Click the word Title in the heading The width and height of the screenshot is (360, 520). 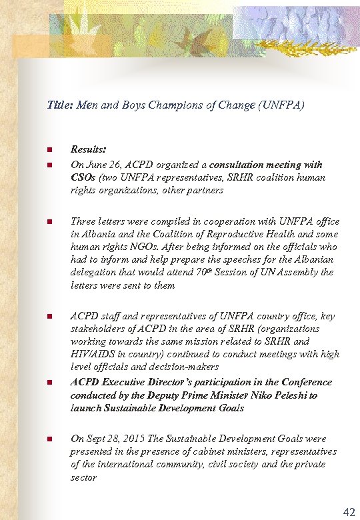coord(59,105)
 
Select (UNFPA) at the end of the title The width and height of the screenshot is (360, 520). coord(282,105)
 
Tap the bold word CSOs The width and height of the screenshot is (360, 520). coord(83,177)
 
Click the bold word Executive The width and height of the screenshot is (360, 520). coord(127,382)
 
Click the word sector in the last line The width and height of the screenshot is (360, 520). coord(83,477)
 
